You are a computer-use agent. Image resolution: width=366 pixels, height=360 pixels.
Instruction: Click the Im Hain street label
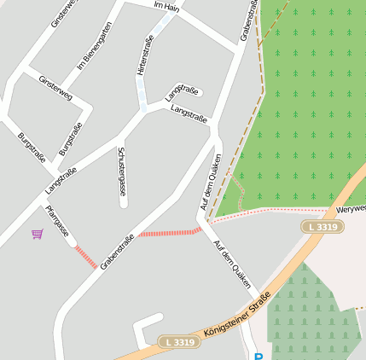pyautogui.click(x=166, y=7)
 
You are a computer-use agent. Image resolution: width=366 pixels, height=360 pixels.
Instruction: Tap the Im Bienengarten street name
pyautogui.click(x=95, y=46)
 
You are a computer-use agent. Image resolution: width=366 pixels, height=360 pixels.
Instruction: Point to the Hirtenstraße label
pyautogui.click(x=144, y=55)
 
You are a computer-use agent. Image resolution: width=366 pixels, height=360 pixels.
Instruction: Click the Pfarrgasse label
pyautogui.click(x=56, y=220)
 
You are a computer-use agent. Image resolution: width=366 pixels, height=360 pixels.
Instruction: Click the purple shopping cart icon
pyautogui.click(x=37, y=234)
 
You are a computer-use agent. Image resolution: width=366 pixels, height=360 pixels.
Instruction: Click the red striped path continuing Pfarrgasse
pyautogui.click(x=85, y=257)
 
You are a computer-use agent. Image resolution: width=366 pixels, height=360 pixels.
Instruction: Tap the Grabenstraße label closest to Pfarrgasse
pyautogui.click(x=117, y=252)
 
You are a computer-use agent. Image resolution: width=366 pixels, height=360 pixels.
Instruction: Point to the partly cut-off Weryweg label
pyautogui.click(x=351, y=208)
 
